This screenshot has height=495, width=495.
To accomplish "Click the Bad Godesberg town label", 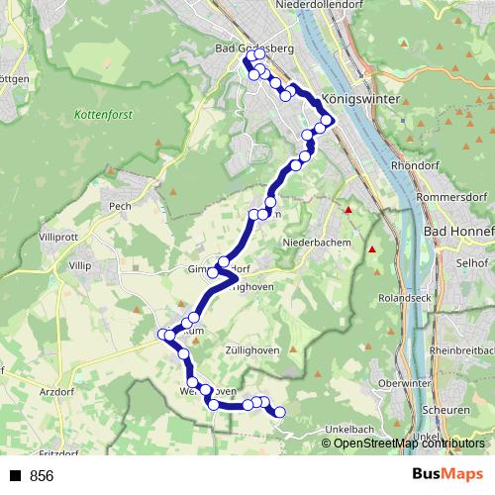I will [252, 48].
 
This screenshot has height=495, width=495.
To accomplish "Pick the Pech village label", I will [120, 205].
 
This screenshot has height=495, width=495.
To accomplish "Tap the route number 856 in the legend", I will [42, 476].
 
